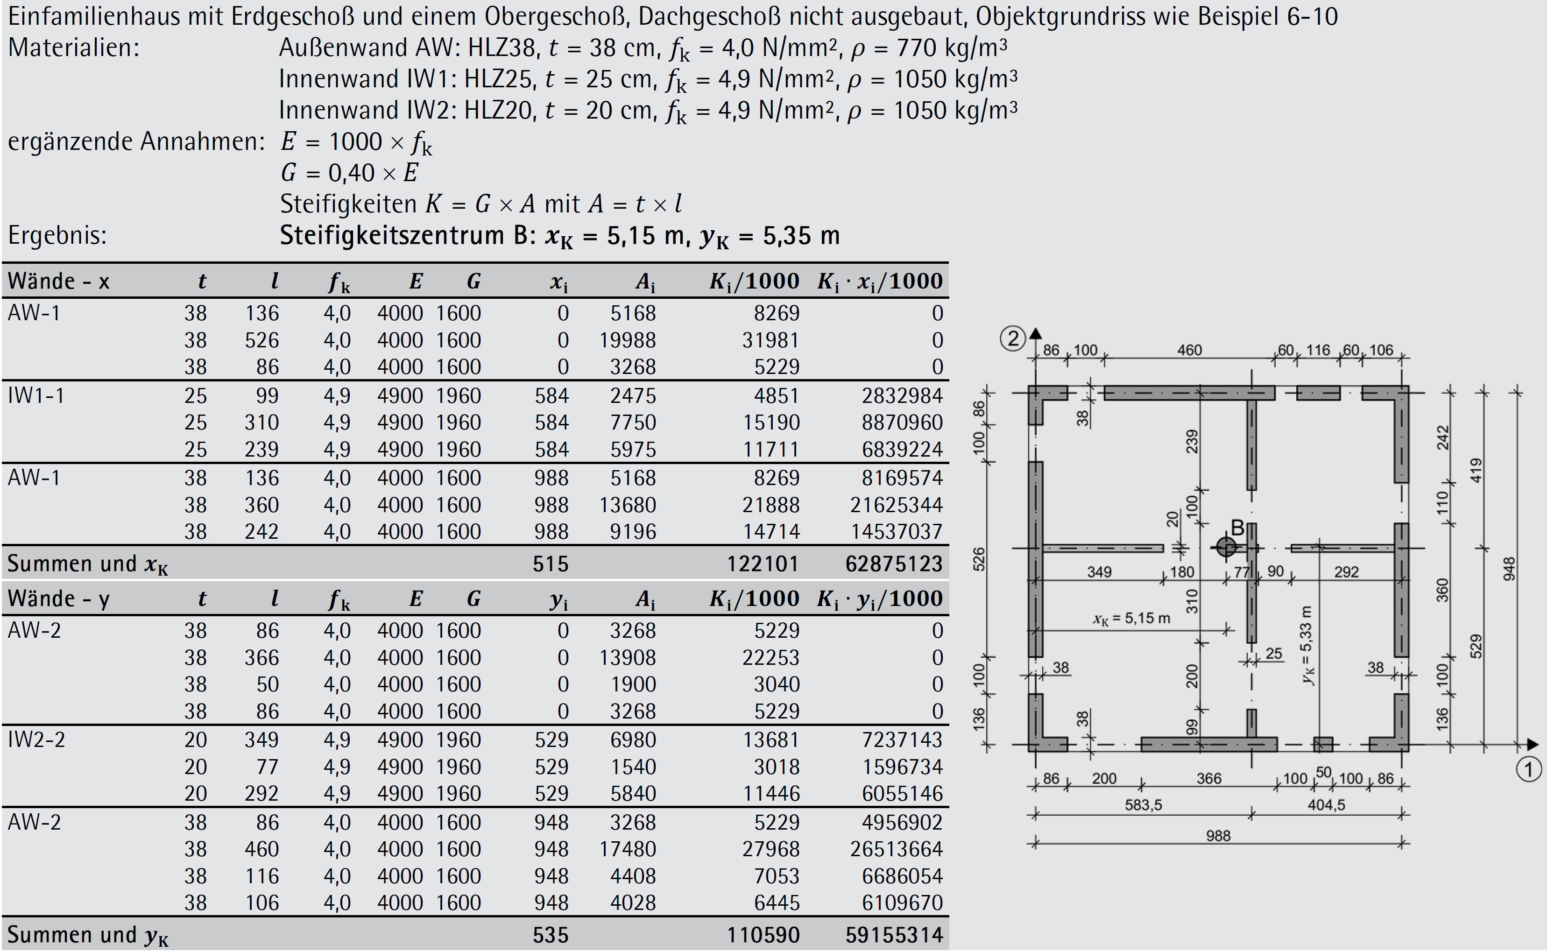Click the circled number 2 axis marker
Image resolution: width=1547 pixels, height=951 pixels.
[1013, 339]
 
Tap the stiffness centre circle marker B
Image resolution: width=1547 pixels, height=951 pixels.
[1226, 547]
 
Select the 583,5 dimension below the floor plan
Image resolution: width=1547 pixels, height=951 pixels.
[1143, 805]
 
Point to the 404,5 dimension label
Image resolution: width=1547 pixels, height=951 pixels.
[1326, 805]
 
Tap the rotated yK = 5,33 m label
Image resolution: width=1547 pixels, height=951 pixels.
[1307, 645]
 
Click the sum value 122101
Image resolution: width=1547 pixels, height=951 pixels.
[763, 564]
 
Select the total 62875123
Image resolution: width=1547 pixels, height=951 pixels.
[894, 564]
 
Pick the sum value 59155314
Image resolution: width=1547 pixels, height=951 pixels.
[894, 935]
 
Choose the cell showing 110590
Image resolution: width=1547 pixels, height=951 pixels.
[763, 935]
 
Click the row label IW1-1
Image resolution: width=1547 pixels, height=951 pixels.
[36, 395]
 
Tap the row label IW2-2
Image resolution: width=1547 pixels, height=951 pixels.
[36, 740]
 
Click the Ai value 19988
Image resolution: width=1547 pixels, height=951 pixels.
[627, 340]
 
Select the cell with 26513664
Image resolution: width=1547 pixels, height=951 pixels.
[897, 849]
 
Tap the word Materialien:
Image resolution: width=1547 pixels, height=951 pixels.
[74, 48]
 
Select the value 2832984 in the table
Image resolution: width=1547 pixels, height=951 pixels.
[902, 395]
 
